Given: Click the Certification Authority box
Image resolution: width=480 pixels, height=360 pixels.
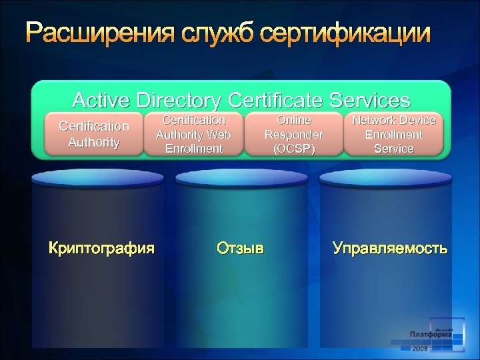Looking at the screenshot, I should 94,134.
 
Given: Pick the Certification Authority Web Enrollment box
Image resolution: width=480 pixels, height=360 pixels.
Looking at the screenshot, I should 194,134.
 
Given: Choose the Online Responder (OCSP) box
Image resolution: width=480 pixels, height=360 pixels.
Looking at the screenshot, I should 294,134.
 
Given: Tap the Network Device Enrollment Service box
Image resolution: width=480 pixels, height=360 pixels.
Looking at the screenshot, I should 393,134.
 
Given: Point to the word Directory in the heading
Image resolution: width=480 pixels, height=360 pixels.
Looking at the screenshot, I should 179,100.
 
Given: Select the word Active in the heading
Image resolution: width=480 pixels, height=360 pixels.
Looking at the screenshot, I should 102,100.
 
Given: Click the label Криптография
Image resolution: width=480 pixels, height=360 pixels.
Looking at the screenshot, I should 101,249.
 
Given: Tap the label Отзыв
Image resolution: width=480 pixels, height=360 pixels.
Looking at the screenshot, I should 240,249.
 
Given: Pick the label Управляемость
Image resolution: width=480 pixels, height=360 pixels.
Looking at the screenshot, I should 390,249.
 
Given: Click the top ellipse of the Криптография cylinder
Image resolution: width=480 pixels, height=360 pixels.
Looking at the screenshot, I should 97,177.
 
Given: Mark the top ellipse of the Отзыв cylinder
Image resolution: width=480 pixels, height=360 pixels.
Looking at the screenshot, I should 241,177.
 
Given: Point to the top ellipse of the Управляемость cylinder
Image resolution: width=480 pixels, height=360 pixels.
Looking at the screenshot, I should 385,177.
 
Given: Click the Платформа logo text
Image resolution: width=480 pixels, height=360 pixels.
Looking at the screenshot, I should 431,335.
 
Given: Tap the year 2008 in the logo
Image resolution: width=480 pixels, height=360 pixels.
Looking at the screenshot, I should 420,349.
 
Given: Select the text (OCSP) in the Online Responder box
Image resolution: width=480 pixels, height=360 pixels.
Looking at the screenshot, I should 294,149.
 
